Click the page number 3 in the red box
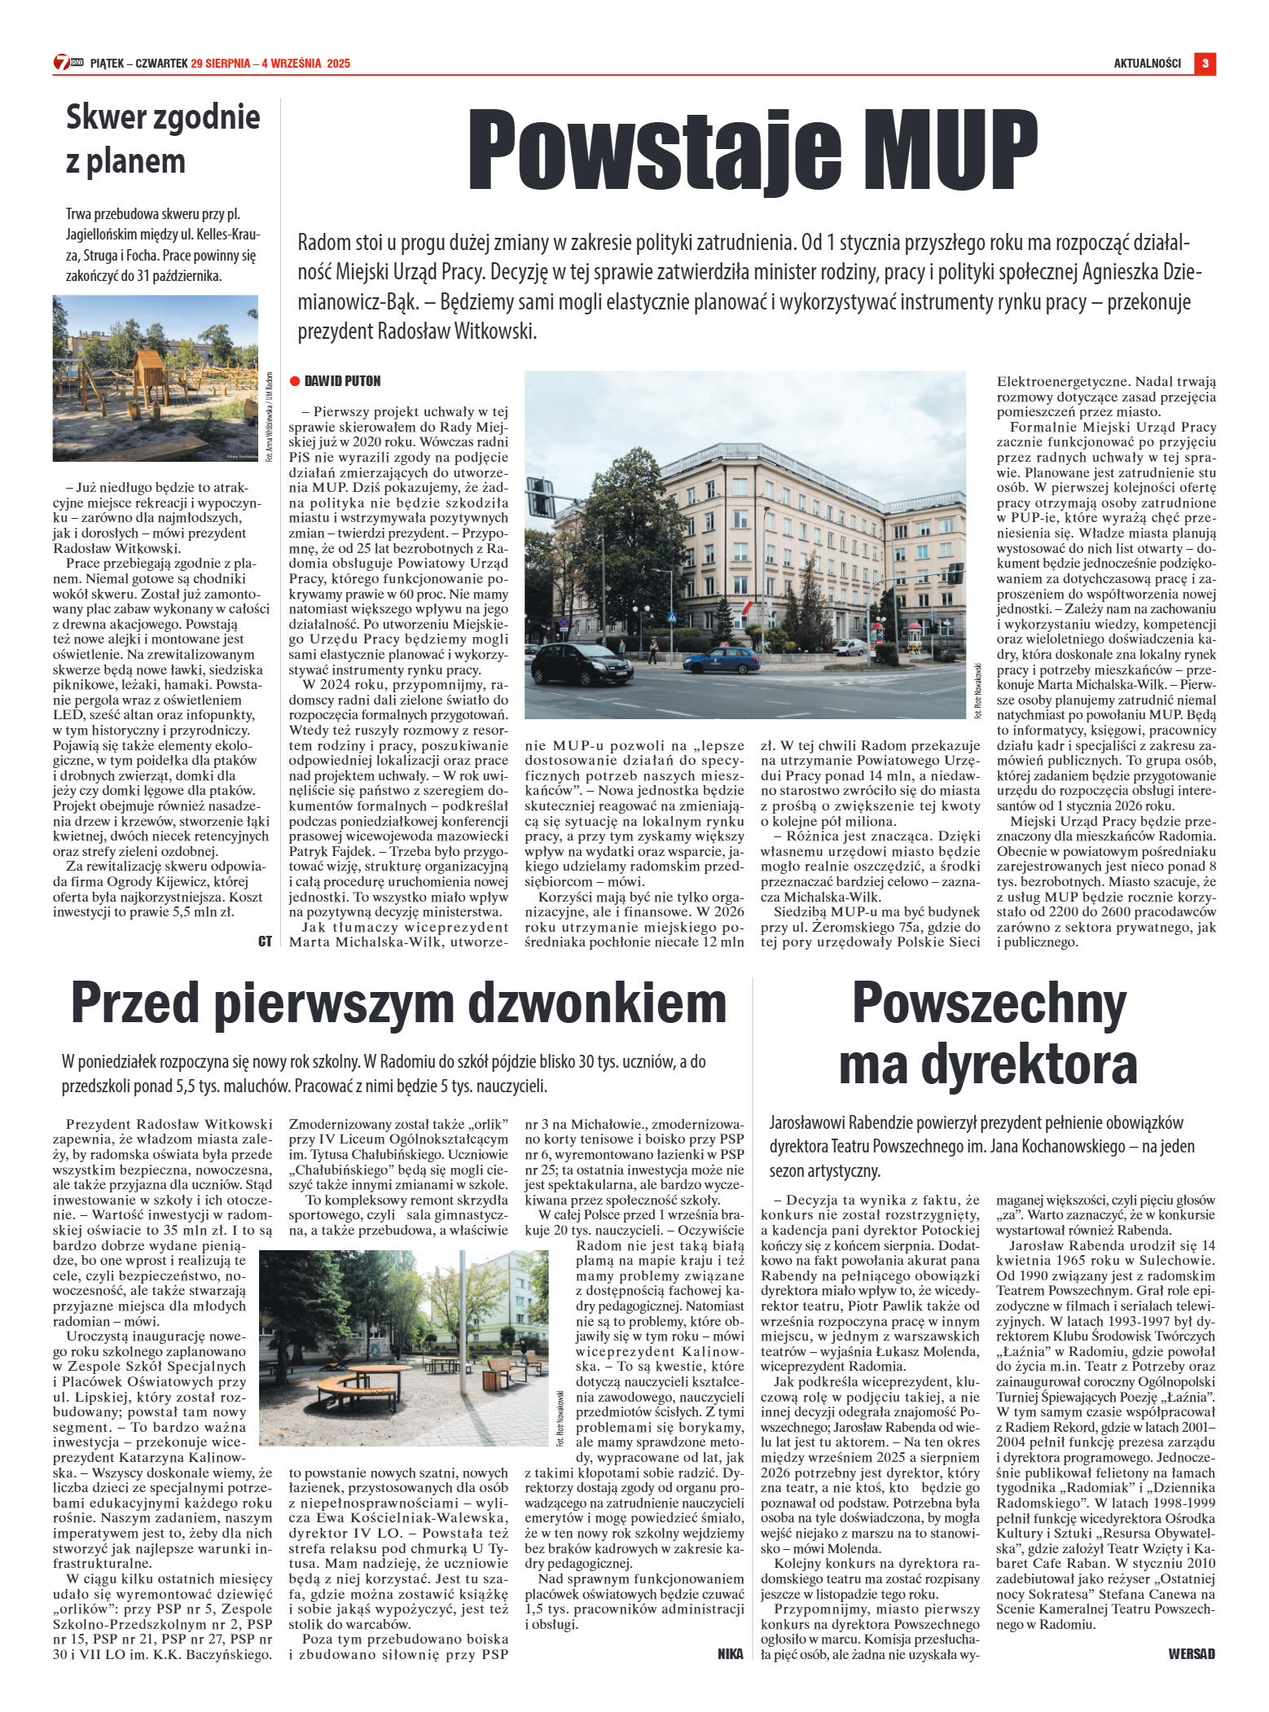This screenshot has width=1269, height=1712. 1205,64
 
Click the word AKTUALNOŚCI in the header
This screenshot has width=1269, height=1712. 1147,64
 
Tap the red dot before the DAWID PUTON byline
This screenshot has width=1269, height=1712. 295,381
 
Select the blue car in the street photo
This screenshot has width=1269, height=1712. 721,658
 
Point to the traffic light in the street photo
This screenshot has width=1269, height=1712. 540,498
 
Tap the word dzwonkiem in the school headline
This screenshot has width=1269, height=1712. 595,1003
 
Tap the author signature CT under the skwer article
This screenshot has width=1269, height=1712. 265,941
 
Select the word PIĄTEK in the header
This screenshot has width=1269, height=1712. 106,64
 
